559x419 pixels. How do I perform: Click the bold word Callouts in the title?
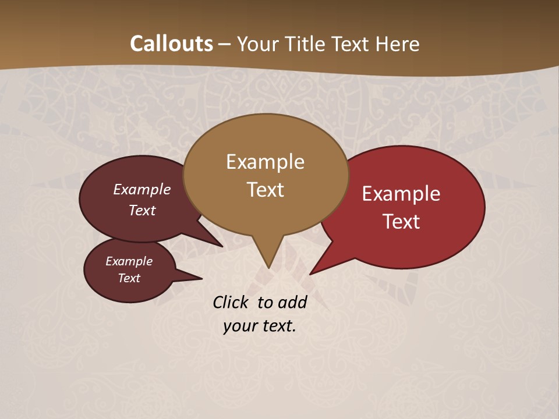point(171,44)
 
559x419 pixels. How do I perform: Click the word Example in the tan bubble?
point(265,162)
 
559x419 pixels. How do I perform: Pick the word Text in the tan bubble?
point(265,190)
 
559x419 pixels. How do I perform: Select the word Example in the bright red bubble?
point(401,194)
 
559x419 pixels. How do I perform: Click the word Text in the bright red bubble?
point(401,222)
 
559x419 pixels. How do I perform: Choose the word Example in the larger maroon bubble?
point(142,189)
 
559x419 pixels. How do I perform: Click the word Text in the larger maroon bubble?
point(142,210)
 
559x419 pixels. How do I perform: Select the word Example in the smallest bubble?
point(129,261)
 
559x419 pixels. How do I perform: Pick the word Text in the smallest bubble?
point(129,278)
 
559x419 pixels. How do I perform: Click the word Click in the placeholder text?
point(231,302)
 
